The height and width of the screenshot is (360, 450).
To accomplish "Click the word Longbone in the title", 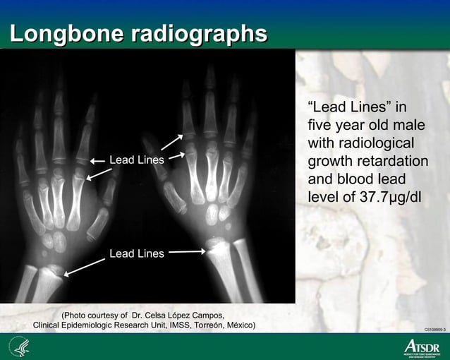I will pyautogui.click(x=63, y=34).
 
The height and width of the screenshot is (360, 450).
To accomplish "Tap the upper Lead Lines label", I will pyautogui.click(x=137, y=160).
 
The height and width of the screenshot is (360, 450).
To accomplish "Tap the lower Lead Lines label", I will pyautogui.click(x=137, y=253).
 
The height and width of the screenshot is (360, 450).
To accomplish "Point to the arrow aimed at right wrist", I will pyautogui.click(x=188, y=251).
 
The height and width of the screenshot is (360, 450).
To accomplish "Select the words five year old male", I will pyautogui.click(x=365, y=126).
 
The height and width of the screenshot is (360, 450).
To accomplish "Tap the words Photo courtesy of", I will pyautogui.click(x=96, y=314).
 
